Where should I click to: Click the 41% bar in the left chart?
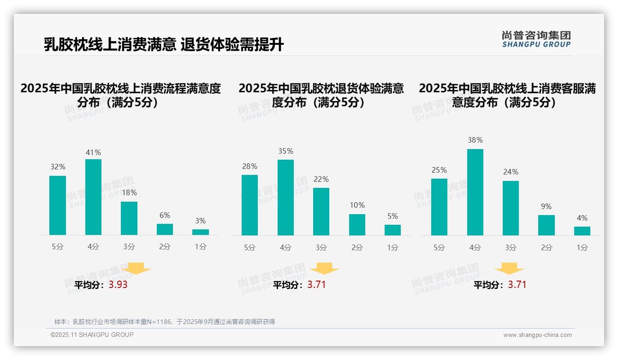(x=93, y=197)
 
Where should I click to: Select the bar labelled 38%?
(x=475, y=192)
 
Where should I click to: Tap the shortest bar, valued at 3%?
(x=201, y=232)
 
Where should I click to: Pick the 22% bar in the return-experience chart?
(x=321, y=211)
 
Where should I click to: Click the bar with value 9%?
(x=546, y=225)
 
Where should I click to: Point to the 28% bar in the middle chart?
(x=250, y=205)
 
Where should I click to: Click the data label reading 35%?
(x=285, y=151)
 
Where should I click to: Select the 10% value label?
(x=357, y=205)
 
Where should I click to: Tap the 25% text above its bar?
(x=439, y=170)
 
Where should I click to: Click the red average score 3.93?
(x=118, y=285)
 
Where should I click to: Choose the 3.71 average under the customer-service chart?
(x=517, y=285)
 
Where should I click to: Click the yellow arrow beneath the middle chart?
(x=324, y=269)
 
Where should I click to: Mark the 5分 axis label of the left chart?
(x=58, y=247)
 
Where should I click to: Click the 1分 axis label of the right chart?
(x=582, y=248)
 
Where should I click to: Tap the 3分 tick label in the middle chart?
(x=321, y=248)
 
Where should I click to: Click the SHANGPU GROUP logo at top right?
(x=536, y=39)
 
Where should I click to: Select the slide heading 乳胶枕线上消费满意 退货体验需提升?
(x=164, y=45)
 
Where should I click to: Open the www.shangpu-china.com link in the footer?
(x=537, y=335)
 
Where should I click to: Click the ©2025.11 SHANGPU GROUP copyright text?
(x=92, y=335)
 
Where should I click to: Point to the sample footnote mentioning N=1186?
(x=165, y=322)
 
